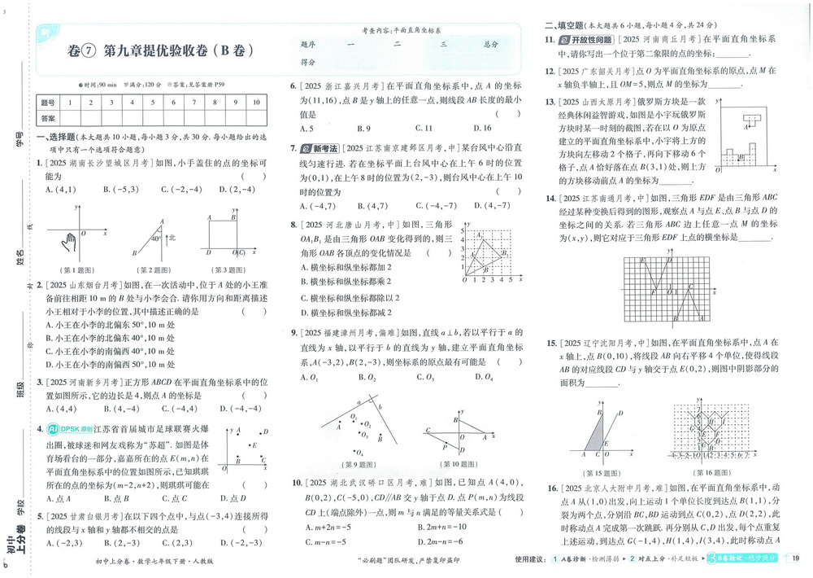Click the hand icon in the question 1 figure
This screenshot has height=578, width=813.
[72, 241]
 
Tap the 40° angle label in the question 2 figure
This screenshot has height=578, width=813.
[151, 239]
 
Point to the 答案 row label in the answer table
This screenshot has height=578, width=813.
[48, 118]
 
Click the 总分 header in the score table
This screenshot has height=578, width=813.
[489, 44]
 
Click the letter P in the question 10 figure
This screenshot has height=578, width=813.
[445, 446]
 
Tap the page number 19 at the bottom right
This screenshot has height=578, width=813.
[795, 558]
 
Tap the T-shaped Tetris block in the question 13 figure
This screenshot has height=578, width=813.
[754, 120]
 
